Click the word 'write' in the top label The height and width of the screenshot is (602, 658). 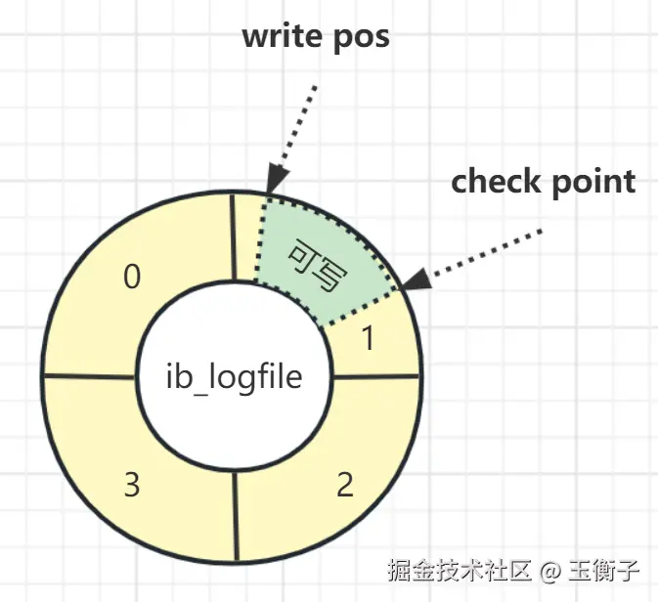pos(284,37)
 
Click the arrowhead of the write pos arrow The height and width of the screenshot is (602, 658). pos(276,181)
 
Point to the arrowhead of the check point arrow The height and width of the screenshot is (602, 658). pos(416,280)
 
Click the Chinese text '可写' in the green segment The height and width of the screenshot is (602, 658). pos(316,265)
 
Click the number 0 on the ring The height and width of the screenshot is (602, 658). pos(132,279)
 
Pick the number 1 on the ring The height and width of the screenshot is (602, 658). pos(369,339)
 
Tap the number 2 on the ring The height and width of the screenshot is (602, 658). pos(344,486)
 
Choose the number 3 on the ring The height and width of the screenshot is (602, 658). pos(131,485)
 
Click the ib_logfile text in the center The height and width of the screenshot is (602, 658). pos(234,377)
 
